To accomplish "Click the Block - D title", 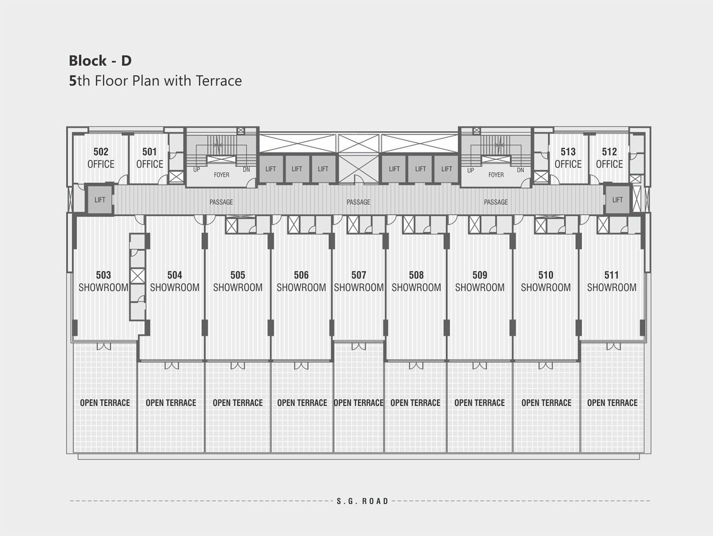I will click(100, 60).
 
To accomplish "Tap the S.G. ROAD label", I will click(363, 501).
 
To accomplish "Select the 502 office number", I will click(101, 152).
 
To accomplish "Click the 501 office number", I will click(149, 152).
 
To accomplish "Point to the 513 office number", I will click(568, 152).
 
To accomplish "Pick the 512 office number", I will click(609, 152).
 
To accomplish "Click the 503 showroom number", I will click(103, 275).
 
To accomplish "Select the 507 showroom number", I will click(359, 275).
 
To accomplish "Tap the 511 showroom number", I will click(612, 275).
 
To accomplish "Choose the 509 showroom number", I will click(480, 275).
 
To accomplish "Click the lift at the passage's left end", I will click(100, 200).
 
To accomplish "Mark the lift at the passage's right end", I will click(617, 200).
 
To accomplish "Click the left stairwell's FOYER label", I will click(222, 175).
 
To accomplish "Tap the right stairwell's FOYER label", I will click(496, 175).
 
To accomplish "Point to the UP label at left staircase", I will click(197, 170).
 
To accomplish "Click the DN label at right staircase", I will click(520, 170).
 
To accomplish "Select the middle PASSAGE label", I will click(359, 202).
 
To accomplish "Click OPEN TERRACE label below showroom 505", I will click(237, 403).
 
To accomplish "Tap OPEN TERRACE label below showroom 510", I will click(546, 403).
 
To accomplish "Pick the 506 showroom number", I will click(301, 275).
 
